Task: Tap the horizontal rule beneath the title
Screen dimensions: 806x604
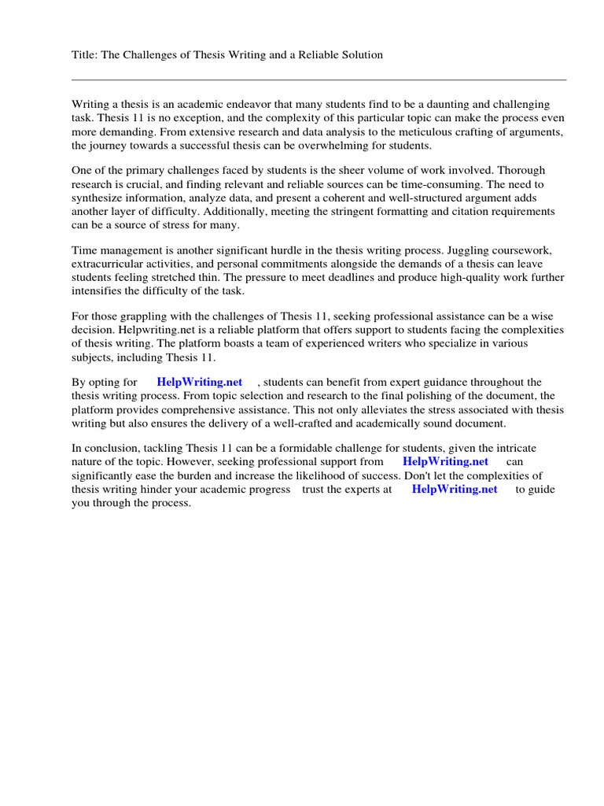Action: (x=319, y=79)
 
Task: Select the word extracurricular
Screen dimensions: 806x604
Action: (x=109, y=264)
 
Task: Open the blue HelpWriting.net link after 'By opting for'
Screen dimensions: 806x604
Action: (x=200, y=382)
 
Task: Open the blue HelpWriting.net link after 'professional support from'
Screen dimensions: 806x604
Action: (x=445, y=462)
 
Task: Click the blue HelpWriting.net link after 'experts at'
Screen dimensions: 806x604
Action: (x=455, y=489)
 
